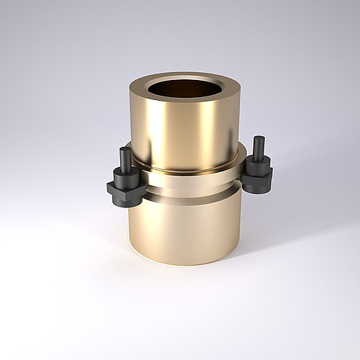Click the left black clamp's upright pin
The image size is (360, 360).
(x=126, y=160)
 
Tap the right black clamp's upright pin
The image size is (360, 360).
(x=258, y=148)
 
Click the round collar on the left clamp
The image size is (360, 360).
(x=125, y=177)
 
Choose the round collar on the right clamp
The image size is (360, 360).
(x=258, y=165)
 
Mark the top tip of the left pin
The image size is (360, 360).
(x=126, y=149)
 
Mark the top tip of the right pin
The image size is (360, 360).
(x=258, y=138)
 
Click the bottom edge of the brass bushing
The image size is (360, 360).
(x=184, y=262)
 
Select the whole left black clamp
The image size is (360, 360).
(x=125, y=180)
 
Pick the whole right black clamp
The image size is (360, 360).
(x=258, y=167)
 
